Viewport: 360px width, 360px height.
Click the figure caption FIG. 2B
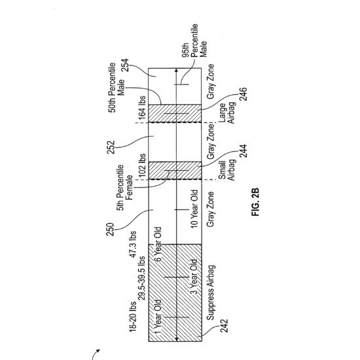[255, 202]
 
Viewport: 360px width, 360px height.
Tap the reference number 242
[224, 325]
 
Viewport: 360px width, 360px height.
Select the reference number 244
[243, 151]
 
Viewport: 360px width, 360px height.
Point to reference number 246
[243, 94]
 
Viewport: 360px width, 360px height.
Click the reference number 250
[110, 229]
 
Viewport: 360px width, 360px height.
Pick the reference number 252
[111, 147]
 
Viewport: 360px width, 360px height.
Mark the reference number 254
[125, 65]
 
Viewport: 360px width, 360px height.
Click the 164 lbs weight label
[142, 108]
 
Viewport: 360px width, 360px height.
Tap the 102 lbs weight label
[142, 166]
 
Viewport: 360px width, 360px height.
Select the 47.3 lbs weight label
[133, 244]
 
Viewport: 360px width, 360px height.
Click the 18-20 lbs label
[133, 317]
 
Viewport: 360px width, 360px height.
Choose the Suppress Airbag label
[211, 293]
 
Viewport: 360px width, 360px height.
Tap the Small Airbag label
[227, 170]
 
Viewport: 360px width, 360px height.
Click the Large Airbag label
[227, 113]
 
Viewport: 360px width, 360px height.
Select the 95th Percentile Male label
[194, 41]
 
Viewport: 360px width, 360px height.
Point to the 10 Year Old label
[194, 209]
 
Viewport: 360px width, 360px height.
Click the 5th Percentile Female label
[124, 188]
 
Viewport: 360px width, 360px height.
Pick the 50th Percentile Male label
[117, 88]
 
